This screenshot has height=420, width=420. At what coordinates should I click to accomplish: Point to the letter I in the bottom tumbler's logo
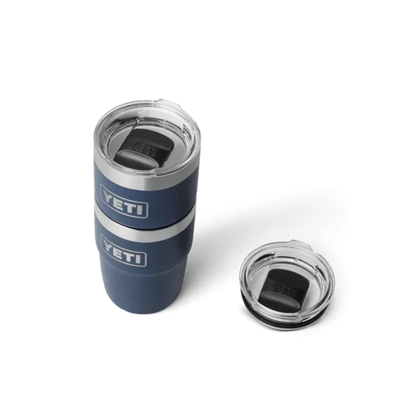coord(140,259)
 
